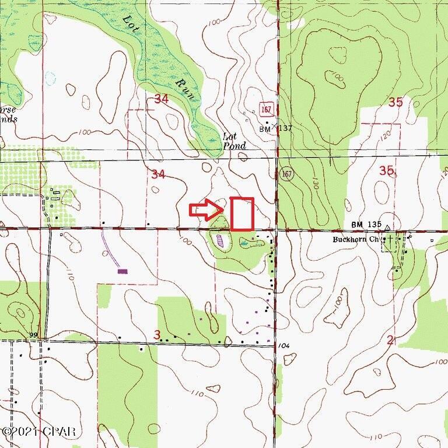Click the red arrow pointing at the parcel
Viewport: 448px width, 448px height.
204,210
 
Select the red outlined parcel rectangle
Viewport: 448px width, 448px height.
242,213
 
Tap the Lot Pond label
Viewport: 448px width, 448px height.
235,141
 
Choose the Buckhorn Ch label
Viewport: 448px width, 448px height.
356,239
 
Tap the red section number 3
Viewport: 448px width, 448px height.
157,334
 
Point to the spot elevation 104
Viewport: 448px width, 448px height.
284,346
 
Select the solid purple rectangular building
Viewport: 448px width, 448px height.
123,271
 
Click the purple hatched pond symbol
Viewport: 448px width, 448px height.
220,239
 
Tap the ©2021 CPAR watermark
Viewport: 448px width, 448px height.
38,432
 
